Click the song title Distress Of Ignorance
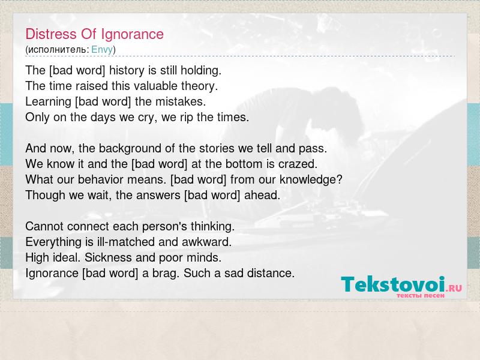point(95,34)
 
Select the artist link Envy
point(102,50)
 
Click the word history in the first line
point(127,71)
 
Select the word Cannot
point(44,227)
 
